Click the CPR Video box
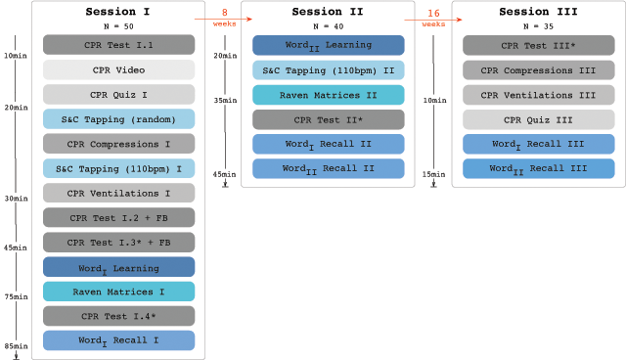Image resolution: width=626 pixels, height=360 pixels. (x=118, y=69)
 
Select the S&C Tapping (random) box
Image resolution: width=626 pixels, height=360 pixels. (x=118, y=119)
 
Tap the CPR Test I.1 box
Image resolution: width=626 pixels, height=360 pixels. (x=118, y=45)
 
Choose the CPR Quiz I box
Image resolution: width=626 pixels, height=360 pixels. (x=118, y=94)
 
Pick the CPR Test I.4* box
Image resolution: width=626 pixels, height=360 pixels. (x=118, y=316)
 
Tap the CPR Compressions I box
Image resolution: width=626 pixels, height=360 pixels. (x=118, y=144)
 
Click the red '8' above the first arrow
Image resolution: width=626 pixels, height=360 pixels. (x=224, y=13)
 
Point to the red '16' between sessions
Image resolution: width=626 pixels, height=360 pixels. (x=433, y=13)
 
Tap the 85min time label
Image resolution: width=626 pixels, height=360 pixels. (x=16, y=346)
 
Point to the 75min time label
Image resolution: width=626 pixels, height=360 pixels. (x=16, y=296)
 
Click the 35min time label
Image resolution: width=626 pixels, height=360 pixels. (x=225, y=100)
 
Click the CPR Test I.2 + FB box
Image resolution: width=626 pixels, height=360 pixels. (x=118, y=217)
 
